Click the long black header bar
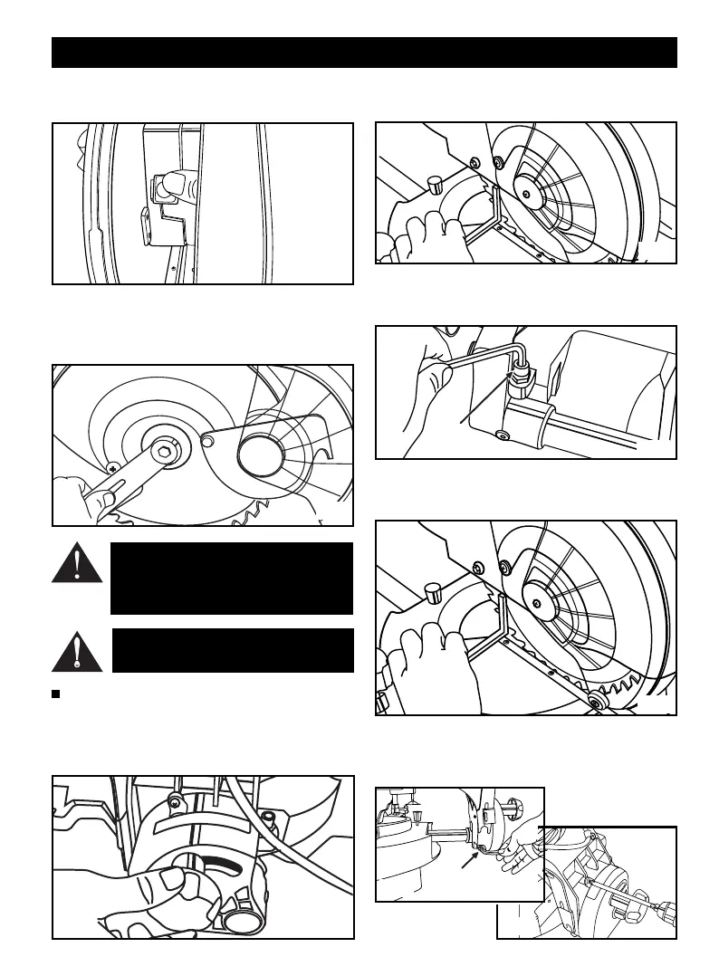pyautogui.click(x=364, y=53)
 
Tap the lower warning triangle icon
pyautogui.click(x=77, y=650)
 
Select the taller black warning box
pyautogui.click(x=231, y=578)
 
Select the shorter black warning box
pyautogui.click(x=233, y=650)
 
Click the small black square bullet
pyautogui.click(x=56, y=694)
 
